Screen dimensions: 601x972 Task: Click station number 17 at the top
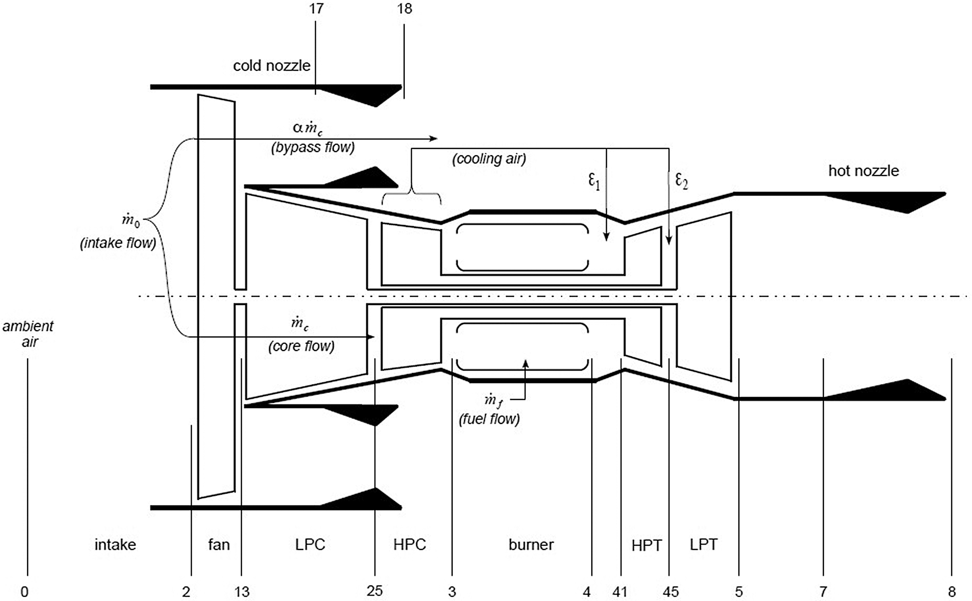pos(316,8)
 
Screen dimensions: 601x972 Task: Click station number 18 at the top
pos(404,8)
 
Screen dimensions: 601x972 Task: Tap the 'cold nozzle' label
pos(272,65)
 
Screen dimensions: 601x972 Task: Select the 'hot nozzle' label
pos(863,171)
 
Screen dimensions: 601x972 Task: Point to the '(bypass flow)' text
pos(313,147)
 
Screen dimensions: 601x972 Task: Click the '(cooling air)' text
pos(489,159)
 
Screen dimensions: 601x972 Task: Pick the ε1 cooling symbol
pos(593,180)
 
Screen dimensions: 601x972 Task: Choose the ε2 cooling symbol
pos(681,180)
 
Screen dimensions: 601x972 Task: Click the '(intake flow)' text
pos(118,243)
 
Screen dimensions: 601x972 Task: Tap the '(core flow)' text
pos(301,346)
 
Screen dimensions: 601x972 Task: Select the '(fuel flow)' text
pos(489,418)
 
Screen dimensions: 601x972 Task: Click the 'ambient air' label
pos(28,334)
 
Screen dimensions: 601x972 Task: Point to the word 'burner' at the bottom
pos(531,544)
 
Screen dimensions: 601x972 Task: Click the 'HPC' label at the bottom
pos(409,544)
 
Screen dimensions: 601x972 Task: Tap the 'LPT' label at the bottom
pos(703,544)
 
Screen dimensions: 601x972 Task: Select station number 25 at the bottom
pos(374,591)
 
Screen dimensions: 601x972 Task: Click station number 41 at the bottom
pos(620,592)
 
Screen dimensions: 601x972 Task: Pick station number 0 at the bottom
pos(25,592)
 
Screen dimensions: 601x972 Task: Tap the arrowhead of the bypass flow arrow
pos(434,138)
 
